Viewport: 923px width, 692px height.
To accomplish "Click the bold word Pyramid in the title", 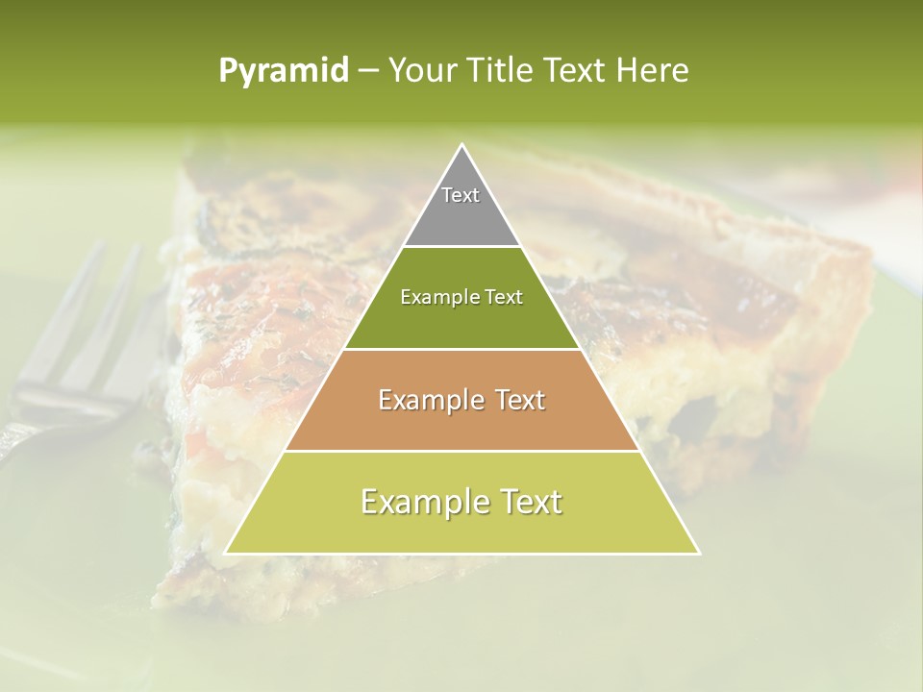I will (284, 71).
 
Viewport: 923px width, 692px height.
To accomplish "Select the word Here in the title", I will (654, 71).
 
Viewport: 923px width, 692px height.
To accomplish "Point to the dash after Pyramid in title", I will (368, 71).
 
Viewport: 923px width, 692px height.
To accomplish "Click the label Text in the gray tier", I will (461, 195).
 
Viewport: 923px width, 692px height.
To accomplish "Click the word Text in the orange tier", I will (514, 400).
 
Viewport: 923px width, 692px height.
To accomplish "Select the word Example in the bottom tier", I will (419, 502).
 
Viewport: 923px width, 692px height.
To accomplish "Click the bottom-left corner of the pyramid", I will (226, 553).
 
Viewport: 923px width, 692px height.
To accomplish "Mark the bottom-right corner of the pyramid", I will (699, 553).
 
